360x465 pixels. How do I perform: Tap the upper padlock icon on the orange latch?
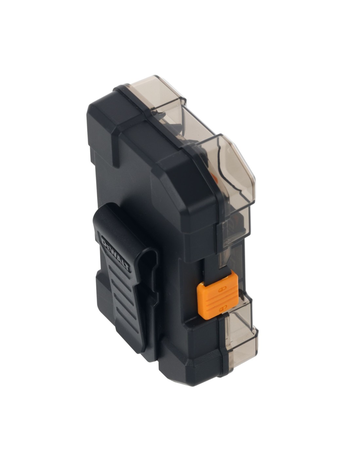[221, 284]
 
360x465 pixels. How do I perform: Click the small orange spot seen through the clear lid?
[214, 177]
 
